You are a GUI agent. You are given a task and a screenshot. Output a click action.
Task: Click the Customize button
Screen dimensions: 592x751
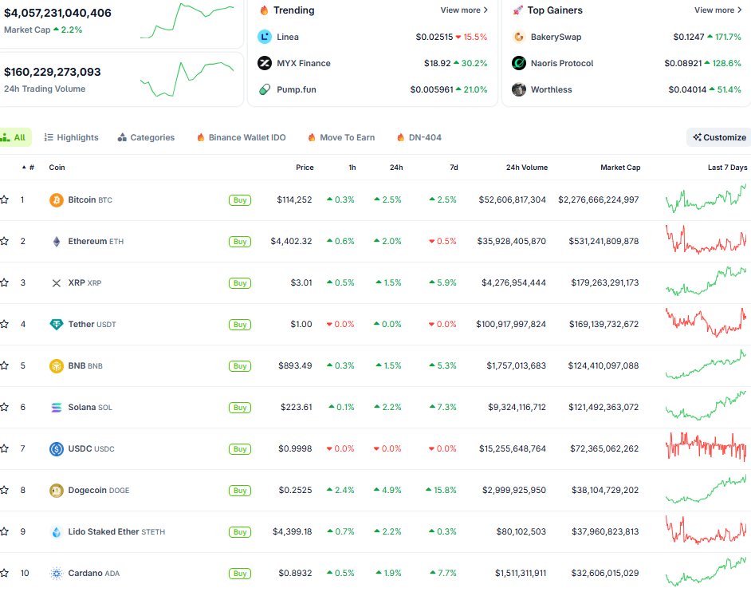coord(719,137)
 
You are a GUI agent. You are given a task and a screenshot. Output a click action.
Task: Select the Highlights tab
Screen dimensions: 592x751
coord(72,137)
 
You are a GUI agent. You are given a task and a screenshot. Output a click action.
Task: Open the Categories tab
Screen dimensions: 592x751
coord(146,137)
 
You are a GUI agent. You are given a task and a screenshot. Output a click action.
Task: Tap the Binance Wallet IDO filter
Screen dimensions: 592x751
coord(241,137)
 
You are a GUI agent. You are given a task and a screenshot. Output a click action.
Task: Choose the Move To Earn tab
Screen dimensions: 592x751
coord(340,137)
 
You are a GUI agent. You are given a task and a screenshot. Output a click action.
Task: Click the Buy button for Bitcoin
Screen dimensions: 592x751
coord(240,200)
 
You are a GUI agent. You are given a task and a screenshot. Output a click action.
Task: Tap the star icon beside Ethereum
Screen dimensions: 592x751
coord(5,241)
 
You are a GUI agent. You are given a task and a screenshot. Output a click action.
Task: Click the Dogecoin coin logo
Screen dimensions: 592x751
coord(56,490)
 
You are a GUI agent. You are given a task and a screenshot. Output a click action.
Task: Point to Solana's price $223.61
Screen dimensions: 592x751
coord(296,407)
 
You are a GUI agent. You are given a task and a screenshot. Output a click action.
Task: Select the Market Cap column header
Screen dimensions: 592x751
coord(620,168)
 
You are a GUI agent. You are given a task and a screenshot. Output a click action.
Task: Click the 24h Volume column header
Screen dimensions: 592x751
coord(526,168)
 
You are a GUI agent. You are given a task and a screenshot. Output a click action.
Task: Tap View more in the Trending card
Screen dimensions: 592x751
coord(464,10)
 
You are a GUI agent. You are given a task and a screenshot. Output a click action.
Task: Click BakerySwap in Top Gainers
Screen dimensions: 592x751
coord(556,37)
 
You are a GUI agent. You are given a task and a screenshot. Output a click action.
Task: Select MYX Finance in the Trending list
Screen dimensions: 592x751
coord(303,63)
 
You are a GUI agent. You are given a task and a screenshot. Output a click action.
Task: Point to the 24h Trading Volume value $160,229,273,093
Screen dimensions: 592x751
coord(53,72)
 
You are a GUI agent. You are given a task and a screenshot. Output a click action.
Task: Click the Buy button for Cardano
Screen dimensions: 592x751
coord(240,574)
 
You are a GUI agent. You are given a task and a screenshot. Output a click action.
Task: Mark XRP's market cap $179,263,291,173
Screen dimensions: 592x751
coord(604,282)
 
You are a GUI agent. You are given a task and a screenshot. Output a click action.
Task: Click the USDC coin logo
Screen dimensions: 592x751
coord(56,448)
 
